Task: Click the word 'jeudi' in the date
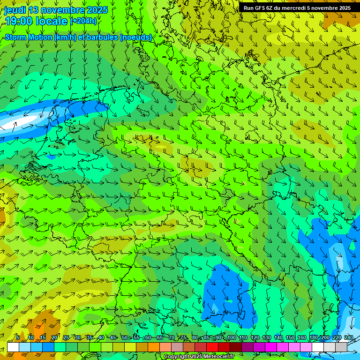(14, 10)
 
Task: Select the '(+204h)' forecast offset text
(84, 21)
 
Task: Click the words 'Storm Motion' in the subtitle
(27, 37)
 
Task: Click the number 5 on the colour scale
(18, 337)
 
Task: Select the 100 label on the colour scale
(231, 337)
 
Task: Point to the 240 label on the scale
(348, 337)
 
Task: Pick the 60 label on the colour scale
(148, 337)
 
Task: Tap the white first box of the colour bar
(13, 347)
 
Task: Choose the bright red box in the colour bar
(212, 347)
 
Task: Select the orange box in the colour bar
(142, 347)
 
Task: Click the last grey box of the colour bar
(341, 347)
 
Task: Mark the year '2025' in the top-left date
(97, 10)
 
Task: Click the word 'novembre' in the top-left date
(63, 10)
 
